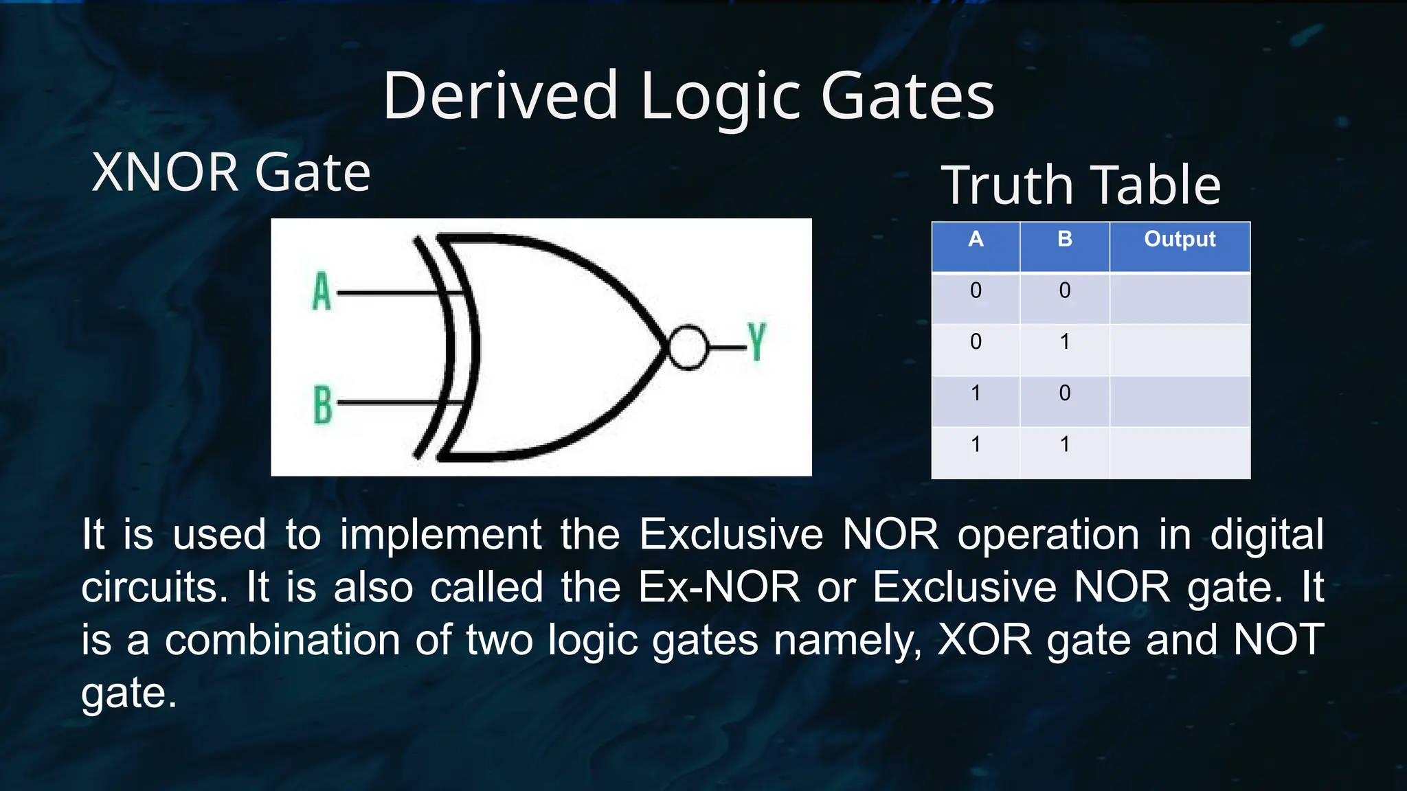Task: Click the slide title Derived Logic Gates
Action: coord(688,96)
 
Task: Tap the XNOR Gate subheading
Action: coord(231,172)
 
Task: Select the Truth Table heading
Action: coord(1080,185)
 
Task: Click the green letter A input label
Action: coord(322,292)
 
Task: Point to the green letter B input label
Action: coord(322,404)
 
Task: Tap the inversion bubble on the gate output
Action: coord(688,347)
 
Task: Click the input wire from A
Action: coord(388,293)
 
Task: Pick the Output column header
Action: coord(1179,240)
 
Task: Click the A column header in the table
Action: coord(975,240)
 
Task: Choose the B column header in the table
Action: coord(1064,240)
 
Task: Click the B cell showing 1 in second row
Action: coord(1064,342)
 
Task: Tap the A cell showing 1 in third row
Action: coord(975,393)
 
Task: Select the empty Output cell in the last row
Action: coord(1179,452)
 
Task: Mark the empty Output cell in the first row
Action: coord(1179,298)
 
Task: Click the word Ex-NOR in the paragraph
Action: coord(719,588)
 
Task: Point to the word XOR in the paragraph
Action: coord(984,640)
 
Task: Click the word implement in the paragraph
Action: coord(440,536)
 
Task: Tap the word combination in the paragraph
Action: coord(282,640)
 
